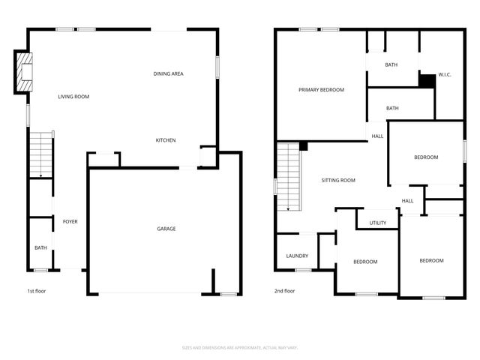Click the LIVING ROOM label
[x=74, y=97]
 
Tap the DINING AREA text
[x=169, y=73]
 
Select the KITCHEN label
[x=166, y=140]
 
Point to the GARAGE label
[x=166, y=229]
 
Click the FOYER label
[x=70, y=221]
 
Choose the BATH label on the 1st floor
[x=40, y=247]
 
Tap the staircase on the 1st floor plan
[x=41, y=154]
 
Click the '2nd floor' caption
[x=284, y=291]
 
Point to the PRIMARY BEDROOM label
[x=321, y=90]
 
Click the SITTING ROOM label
[x=338, y=181]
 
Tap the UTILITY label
[x=377, y=223]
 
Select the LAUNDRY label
[x=297, y=256]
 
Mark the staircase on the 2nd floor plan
[x=289, y=176]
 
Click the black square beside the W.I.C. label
[x=427, y=80]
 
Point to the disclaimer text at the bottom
[x=240, y=347]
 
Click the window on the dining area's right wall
[x=218, y=67]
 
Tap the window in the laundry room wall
[x=303, y=270]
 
